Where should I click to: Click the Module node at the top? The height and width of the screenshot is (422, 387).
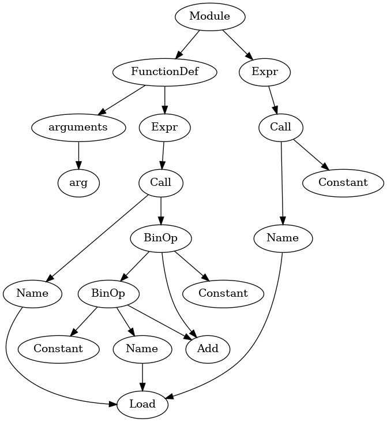click(x=210, y=17)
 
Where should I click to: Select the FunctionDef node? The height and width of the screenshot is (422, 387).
click(x=165, y=72)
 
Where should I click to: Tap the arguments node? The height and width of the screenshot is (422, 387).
click(x=78, y=127)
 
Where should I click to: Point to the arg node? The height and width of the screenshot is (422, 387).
click(x=78, y=183)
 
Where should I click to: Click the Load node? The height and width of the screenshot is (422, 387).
click(x=142, y=404)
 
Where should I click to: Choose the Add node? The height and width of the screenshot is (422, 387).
click(x=208, y=349)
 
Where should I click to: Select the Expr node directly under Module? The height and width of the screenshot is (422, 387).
click(x=265, y=72)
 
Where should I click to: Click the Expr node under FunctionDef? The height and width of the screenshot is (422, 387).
click(x=165, y=127)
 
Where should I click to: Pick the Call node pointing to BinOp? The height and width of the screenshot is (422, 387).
click(x=161, y=183)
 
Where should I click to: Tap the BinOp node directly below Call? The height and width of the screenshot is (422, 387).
click(x=161, y=238)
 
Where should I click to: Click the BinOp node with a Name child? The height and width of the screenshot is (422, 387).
click(x=108, y=293)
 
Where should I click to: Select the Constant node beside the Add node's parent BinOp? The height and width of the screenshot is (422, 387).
click(x=223, y=293)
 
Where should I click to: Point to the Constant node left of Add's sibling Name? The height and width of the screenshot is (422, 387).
click(x=58, y=349)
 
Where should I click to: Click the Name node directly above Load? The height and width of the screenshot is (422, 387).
click(x=142, y=349)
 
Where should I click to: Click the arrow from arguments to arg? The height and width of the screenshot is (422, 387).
click(x=78, y=155)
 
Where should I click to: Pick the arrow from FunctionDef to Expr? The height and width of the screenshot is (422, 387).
click(x=165, y=99)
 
